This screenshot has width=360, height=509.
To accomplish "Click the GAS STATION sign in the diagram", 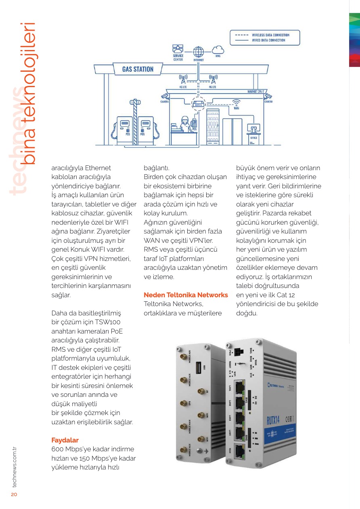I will [138, 69].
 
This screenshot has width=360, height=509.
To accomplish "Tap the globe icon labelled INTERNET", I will [198, 52].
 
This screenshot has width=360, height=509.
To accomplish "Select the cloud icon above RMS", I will [218, 50].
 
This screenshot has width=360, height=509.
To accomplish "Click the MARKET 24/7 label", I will [255, 92].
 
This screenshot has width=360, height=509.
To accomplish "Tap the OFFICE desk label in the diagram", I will [254, 138].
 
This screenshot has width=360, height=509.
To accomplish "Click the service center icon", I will [178, 50].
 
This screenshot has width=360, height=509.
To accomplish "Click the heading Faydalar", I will [65, 440].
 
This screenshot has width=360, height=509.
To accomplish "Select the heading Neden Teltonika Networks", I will [186, 295].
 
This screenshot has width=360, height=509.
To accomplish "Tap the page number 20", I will [14, 494].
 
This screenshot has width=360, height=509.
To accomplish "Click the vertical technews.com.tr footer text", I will [14, 467].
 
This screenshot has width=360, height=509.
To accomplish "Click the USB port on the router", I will [199, 368].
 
